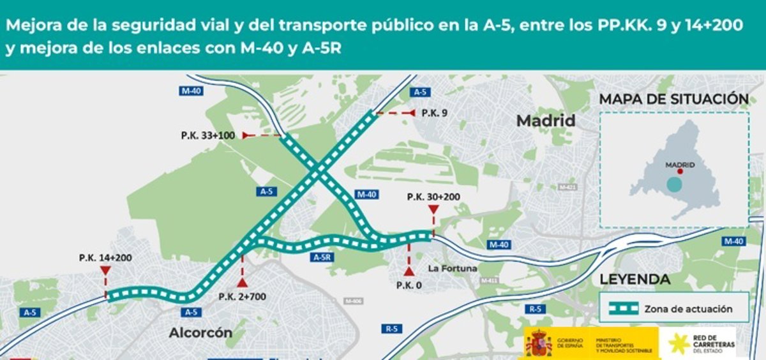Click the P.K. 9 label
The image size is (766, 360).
(434, 113)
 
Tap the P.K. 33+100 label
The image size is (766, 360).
(208, 135)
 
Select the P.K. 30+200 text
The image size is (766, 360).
(433, 197)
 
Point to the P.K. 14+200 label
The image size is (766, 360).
(106, 258)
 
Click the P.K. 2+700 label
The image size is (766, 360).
(242, 296)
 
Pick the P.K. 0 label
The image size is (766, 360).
(409, 285)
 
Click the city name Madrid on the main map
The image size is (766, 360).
(546, 121)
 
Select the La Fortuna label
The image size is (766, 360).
(453, 268)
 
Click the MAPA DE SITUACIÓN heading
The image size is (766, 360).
(673, 100)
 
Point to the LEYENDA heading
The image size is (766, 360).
(635, 280)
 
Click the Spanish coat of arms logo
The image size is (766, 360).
(538, 343)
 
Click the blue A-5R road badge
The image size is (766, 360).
(321, 257)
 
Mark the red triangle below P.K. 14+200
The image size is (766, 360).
(105, 271)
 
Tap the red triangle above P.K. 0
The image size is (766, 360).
(409, 271)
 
